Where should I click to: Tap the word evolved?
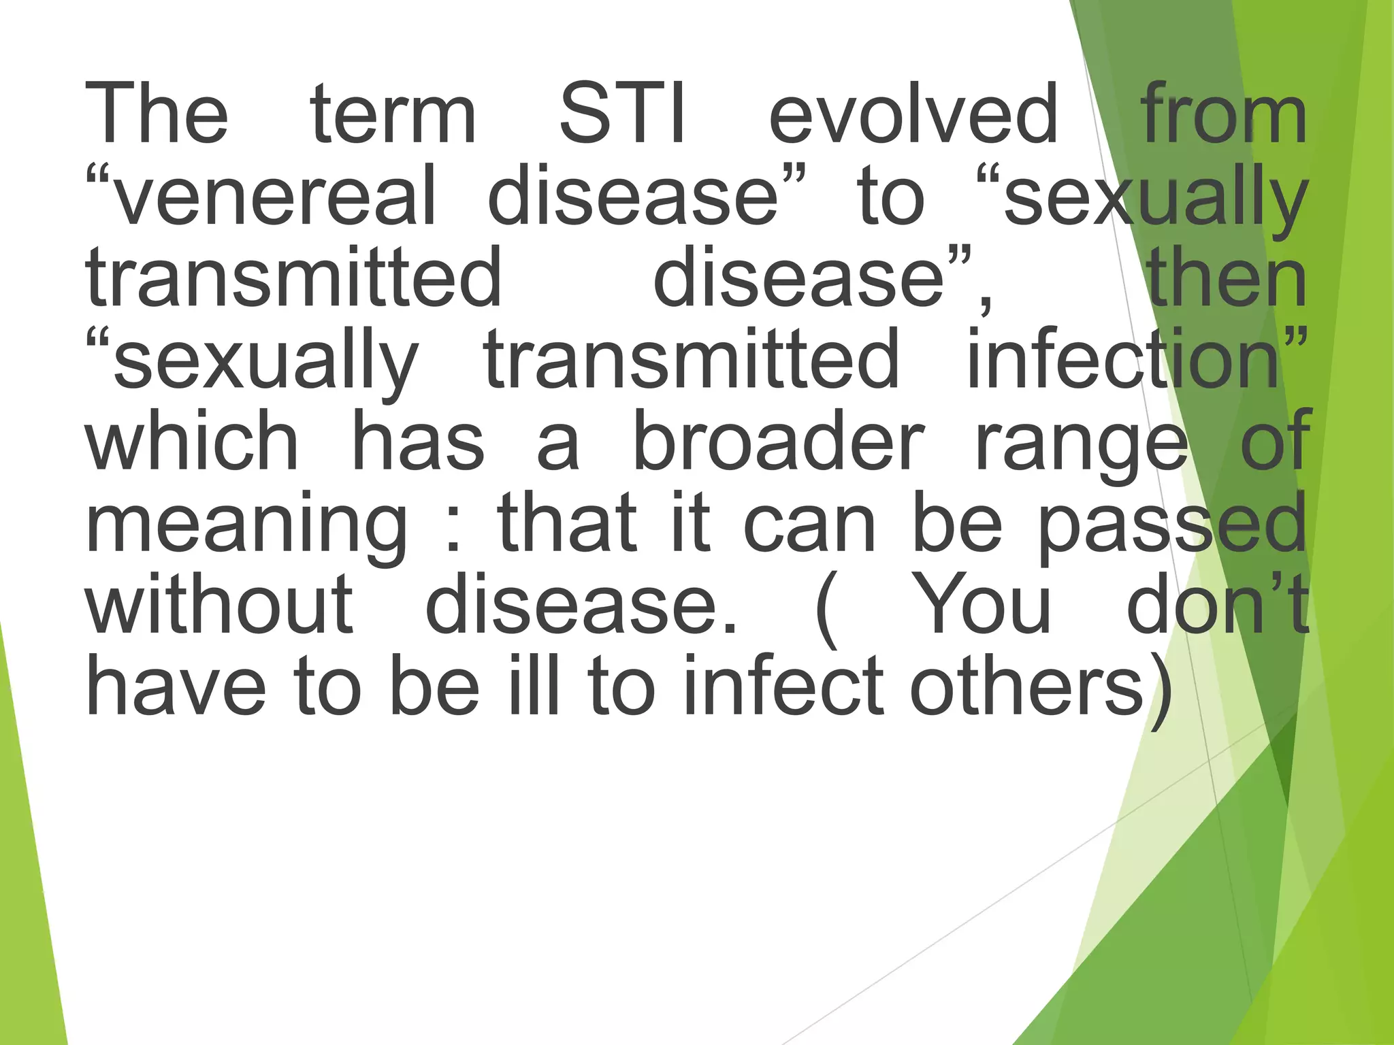click(913, 114)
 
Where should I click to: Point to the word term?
click(393, 114)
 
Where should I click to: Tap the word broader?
click(779, 441)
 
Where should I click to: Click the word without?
click(218, 604)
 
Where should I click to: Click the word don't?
click(1218, 604)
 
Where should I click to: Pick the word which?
click(191, 441)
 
